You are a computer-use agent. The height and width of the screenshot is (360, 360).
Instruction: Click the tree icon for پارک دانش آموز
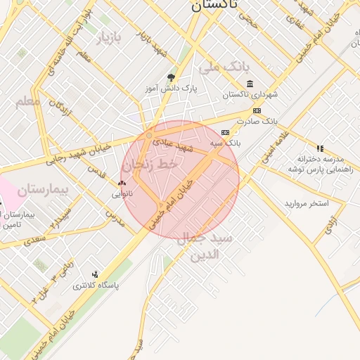pyautogui.click(x=171, y=77)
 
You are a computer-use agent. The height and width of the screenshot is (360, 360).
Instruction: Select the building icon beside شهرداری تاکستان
pyautogui.click(x=250, y=84)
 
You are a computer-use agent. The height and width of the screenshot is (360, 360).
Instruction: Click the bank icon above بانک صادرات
pyautogui.click(x=257, y=111)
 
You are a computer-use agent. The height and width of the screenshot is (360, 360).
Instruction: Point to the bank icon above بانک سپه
pyautogui.click(x=225, y=132)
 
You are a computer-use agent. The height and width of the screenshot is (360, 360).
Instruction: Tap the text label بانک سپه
pyautogui.click(x=225, y=143)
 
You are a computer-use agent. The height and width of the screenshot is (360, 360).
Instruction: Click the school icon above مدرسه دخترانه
pyautogui.click(x=321, y=148)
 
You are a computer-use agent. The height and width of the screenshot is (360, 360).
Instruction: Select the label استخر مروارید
pyautogui.click(x=307, y=203)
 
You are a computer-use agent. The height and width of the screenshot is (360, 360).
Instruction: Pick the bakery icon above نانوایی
pyautogui.click(x=121, y=183)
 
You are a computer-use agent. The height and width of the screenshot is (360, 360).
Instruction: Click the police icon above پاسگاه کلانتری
pyautogui.click(x=95, y=274)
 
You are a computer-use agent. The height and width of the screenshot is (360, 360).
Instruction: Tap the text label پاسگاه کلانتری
pyautogui.click(x=96, y=286)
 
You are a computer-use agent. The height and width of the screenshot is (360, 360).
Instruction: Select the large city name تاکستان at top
pyautogui.click(x=214, y=6)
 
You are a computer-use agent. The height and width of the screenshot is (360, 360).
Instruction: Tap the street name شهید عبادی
pyautogui.click(x=196, y=148)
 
